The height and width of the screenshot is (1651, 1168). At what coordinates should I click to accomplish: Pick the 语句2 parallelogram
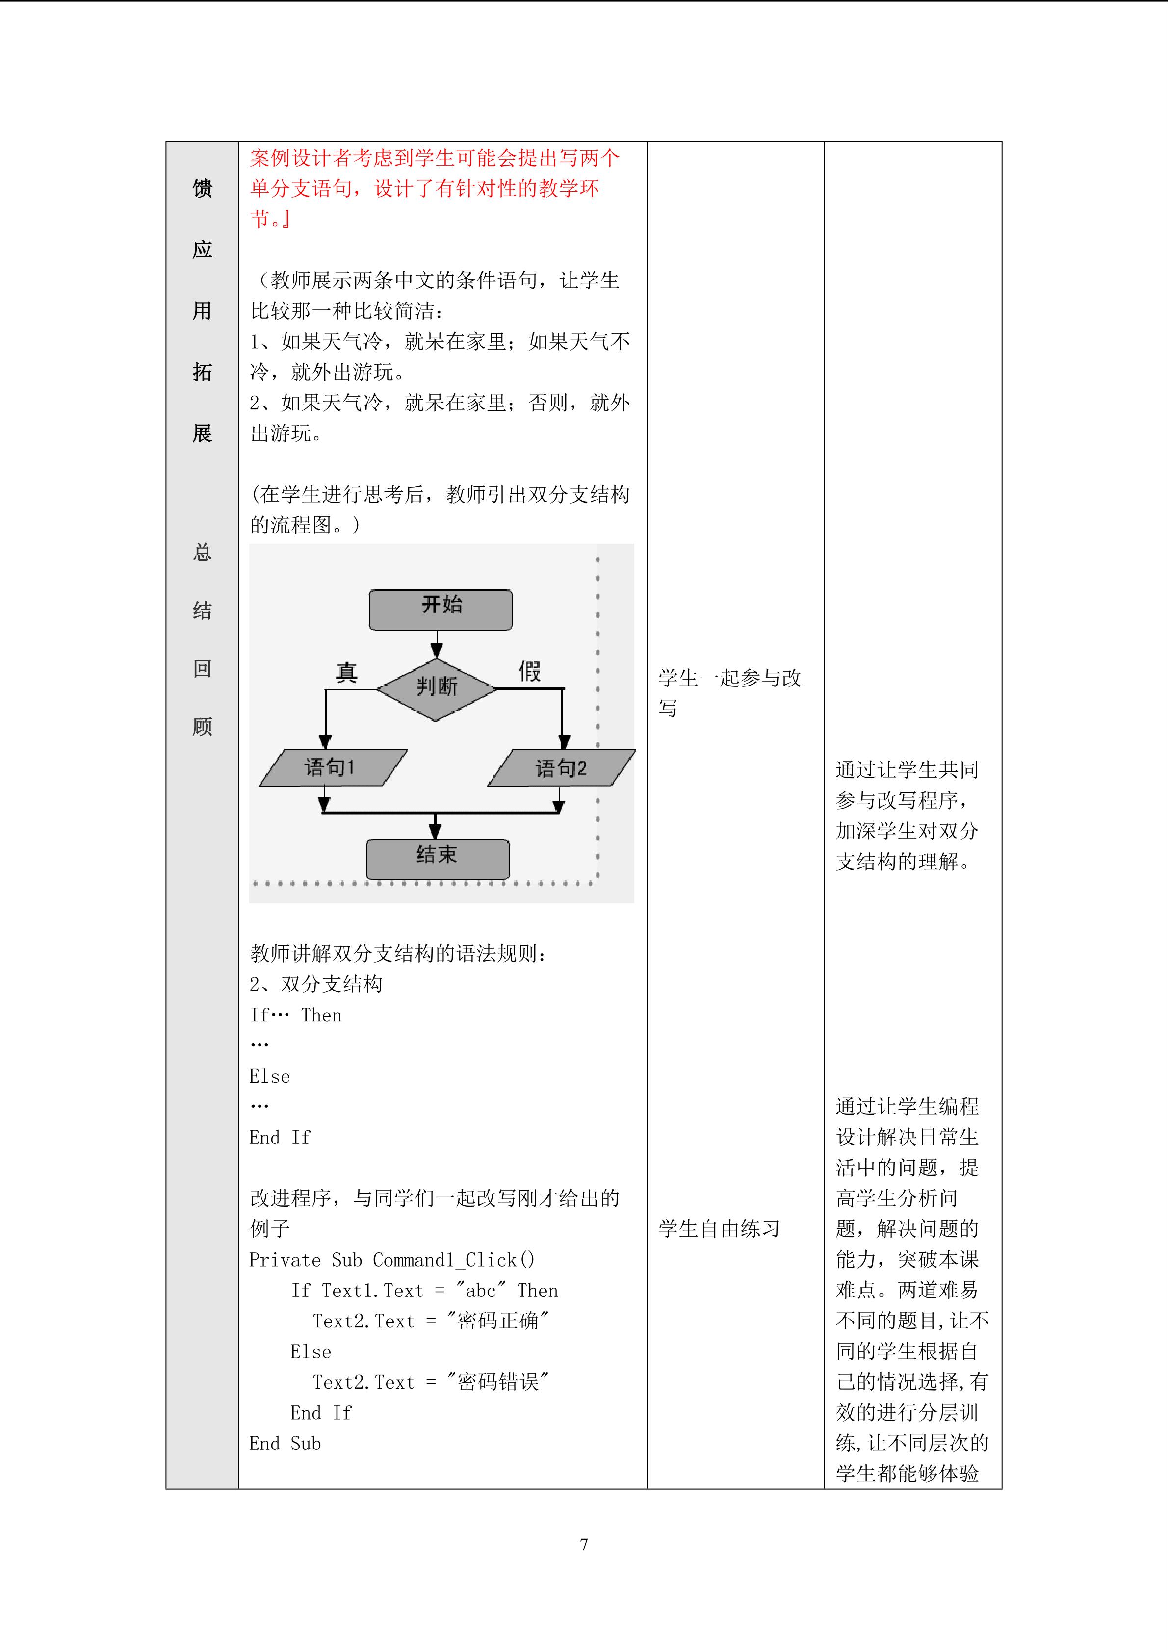coord(561,768)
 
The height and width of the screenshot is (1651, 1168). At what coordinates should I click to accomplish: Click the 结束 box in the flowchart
coord(437,859)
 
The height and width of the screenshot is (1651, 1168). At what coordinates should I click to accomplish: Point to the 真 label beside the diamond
coord(347,672)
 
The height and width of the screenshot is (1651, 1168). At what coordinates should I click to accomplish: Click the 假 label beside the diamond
coord(529,671)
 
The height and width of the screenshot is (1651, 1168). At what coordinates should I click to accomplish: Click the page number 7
coord(583,1544)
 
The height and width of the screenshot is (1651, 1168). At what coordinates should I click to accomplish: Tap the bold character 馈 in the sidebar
coord(202,188)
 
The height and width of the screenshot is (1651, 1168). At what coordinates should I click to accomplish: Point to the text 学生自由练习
coord(719,1229)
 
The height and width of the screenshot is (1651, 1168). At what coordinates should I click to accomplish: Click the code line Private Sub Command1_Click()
coord(392,1260)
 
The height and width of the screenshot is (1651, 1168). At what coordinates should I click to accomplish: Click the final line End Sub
coord(285,1443)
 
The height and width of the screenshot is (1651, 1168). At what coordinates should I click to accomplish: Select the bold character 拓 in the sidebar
coord(202,372)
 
